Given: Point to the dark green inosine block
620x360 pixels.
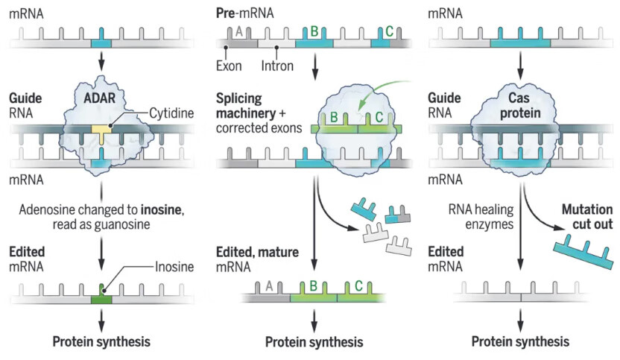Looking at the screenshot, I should point(101,297).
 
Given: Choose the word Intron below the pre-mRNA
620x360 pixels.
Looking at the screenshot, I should point(278,66).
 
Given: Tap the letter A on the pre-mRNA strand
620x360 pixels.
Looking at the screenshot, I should point(239,31).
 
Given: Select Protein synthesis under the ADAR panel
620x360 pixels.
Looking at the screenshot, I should point(101,342).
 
